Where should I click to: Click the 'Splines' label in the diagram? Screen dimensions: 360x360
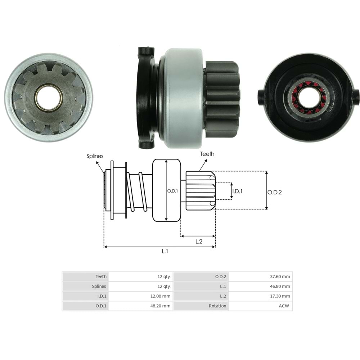[x=95, y=156]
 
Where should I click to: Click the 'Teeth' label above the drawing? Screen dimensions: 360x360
[x=207, y=154]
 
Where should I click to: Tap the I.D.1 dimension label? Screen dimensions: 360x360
[x=237, y=191]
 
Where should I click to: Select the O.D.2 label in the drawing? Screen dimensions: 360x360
[x=274, y=192]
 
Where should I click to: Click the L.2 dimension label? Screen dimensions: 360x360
[x=199, y=242]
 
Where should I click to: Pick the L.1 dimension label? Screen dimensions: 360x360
[x=165, y=252]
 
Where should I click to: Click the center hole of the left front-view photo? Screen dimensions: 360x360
[x=48, y=97]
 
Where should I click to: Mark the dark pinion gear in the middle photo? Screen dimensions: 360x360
[x=221, y=99]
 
